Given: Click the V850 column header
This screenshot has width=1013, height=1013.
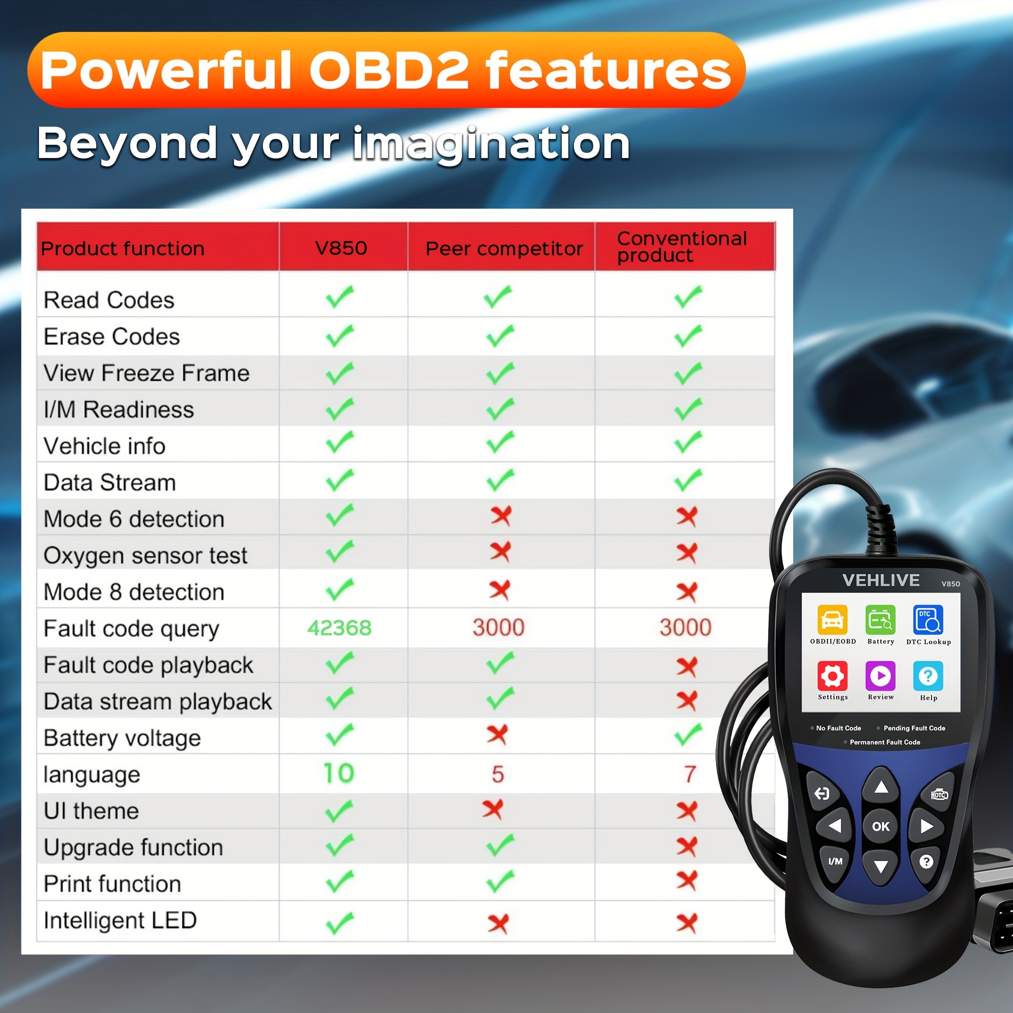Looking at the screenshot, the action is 341,248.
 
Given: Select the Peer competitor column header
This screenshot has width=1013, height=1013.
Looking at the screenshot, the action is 504,249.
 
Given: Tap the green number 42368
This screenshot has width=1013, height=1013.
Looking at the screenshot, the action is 339,628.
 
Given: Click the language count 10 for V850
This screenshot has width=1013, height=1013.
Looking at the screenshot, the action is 339,773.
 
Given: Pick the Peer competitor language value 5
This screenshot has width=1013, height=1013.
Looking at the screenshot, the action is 497,774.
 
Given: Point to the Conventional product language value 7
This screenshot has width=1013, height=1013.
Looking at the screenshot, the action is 690,774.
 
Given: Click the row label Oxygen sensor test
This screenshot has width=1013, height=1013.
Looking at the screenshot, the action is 145,556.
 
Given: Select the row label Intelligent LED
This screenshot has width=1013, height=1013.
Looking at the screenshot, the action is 120,920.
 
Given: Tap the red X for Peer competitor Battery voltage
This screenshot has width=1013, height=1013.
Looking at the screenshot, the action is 497,734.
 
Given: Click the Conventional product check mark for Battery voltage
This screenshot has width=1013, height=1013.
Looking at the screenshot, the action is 688,734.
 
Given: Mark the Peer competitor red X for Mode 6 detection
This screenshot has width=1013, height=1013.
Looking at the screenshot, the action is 501,516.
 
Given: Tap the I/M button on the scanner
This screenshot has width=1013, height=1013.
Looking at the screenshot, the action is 835,861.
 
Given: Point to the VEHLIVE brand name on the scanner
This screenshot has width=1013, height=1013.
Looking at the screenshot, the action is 881,580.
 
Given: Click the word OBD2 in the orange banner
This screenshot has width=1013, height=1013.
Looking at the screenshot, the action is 388,70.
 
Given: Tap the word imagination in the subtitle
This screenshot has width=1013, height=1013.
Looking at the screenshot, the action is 491,144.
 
